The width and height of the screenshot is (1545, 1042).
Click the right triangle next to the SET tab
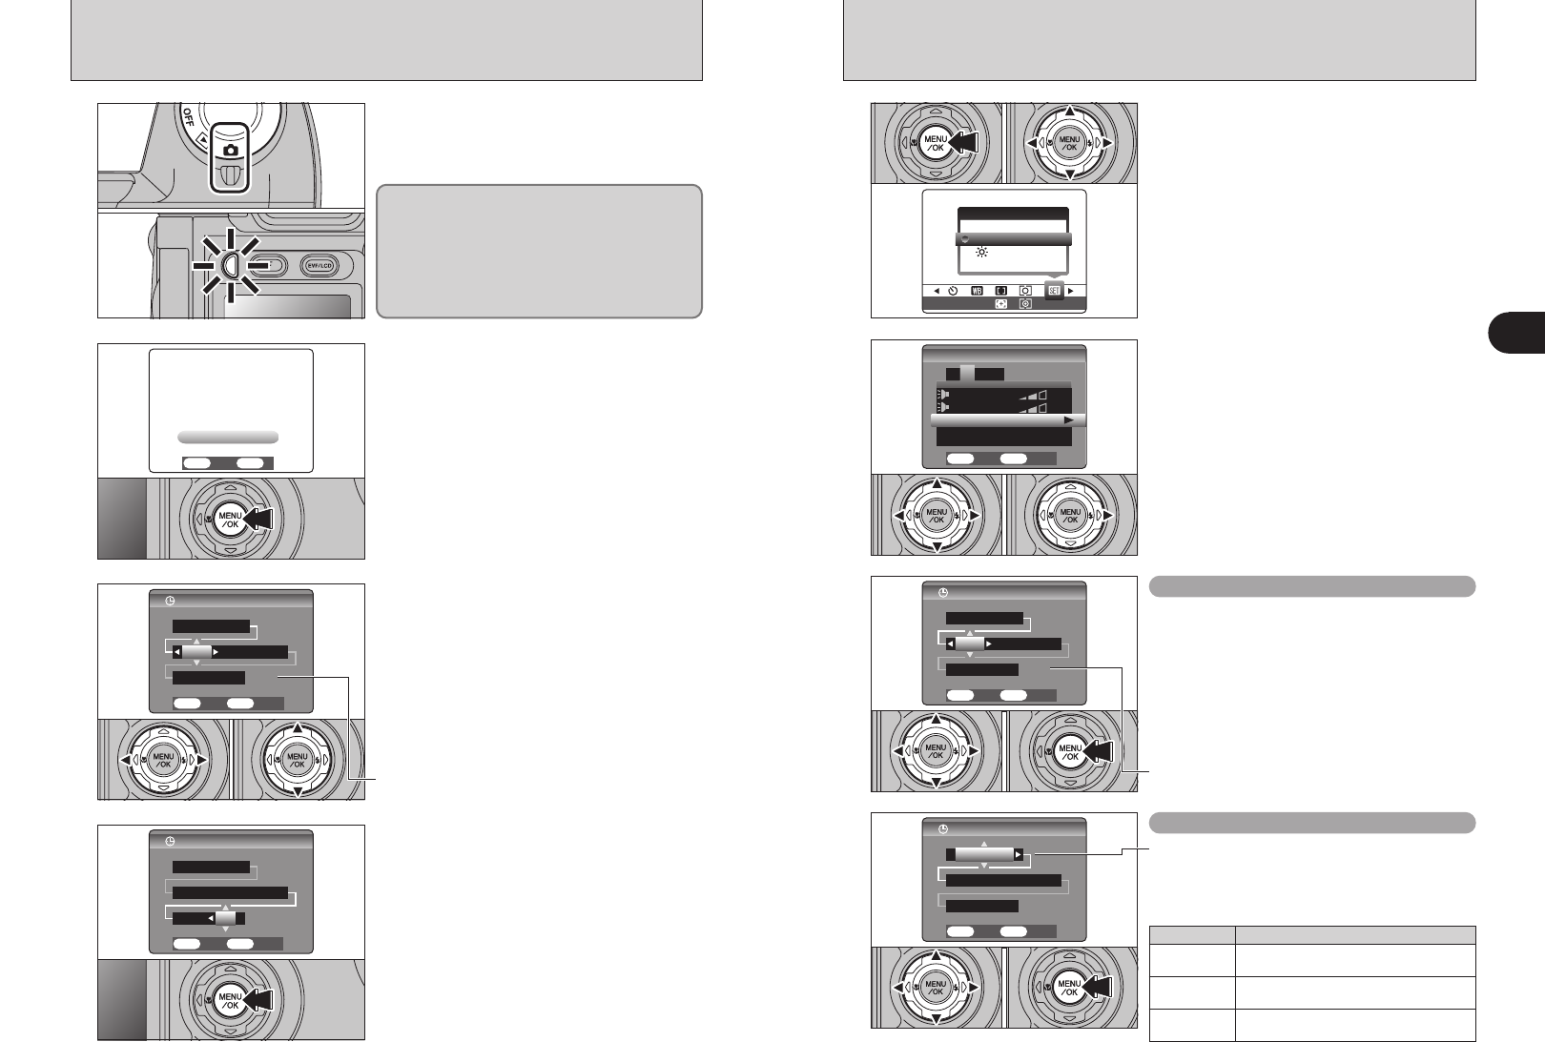point(1071,290)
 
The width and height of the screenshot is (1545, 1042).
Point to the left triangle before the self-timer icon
point(937,290)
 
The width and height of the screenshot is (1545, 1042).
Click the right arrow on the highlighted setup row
point(1069,420)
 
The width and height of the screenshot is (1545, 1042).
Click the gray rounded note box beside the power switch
point(539,251)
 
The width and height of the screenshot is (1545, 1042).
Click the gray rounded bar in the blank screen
point(228,437)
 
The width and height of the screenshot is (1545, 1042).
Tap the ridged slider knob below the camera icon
point(229,175)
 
